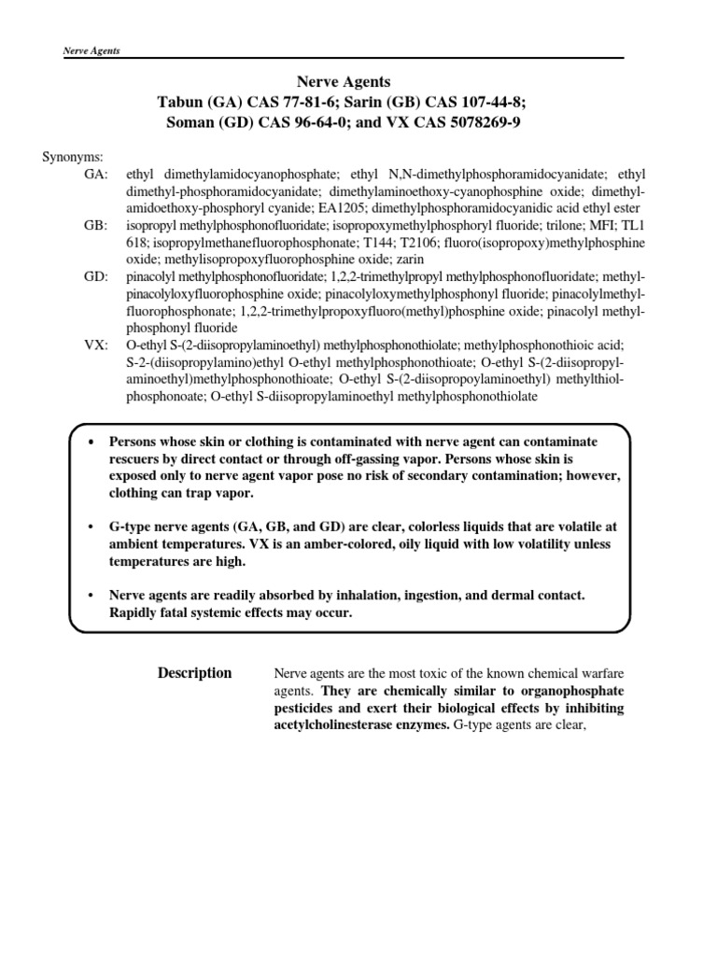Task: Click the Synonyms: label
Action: point(73,156)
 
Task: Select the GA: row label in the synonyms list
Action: point(96,174)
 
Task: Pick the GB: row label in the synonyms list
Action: point(96,225)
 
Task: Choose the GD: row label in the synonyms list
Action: point(96,277)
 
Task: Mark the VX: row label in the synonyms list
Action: point(96,345)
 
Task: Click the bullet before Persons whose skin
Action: point(91,442)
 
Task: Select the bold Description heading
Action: point(194,673)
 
